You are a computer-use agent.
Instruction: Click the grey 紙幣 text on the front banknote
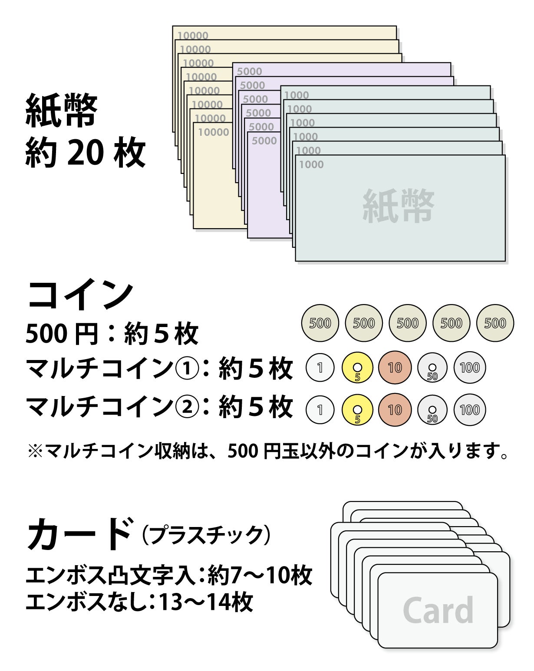398,206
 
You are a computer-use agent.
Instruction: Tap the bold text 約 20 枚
85,152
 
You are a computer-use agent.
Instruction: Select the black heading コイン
80,294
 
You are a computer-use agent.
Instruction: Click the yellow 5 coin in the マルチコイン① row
357,368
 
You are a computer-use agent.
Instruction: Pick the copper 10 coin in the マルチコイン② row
395,410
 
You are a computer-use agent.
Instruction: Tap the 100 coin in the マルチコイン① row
470,368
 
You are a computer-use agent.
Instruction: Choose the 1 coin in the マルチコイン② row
320,410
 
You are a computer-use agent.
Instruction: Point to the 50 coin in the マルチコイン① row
432,368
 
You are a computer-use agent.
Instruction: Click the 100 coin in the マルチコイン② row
470,410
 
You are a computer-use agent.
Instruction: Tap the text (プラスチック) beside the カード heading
206,535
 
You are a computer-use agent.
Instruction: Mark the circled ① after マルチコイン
187,369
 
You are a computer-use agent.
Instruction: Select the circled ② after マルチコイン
187,406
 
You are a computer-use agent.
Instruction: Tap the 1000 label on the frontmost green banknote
311,164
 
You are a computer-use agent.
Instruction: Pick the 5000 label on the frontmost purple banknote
264,141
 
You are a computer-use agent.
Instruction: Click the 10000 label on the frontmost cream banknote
214,132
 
